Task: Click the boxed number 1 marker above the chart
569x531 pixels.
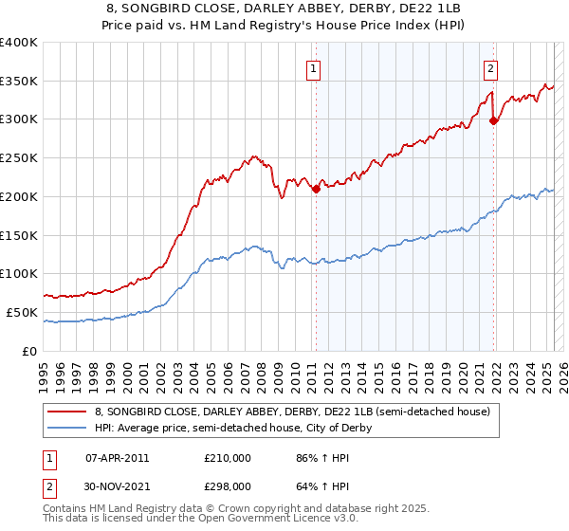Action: point(312,67)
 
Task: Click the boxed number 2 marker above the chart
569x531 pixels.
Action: point(490,67)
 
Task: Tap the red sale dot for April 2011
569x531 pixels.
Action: point(316,188)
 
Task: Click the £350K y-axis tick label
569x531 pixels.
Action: point(20,81)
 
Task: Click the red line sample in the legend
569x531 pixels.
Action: point(67,412)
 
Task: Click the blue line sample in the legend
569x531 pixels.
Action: point(67,428)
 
